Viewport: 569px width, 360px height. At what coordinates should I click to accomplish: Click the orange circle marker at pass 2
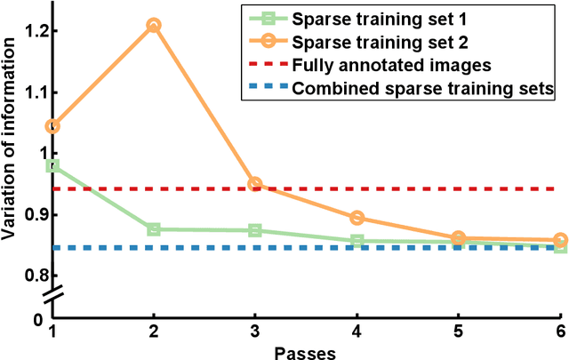[154, 26]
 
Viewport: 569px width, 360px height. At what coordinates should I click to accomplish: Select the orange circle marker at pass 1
[52, 127]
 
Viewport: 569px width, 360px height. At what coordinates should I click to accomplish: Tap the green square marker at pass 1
[52, 165]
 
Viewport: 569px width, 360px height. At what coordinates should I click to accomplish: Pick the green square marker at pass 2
[154, 229]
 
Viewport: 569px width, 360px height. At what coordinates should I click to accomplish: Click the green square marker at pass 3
[255, 230]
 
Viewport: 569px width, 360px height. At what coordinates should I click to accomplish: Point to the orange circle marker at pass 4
[357, 218]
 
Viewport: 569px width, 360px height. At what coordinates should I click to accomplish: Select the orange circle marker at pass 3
[255, 184]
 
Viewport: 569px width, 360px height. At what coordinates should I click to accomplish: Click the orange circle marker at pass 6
[560, 240]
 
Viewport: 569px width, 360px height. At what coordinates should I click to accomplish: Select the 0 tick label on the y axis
[39, 318]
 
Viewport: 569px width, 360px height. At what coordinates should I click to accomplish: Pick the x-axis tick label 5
[459, 332]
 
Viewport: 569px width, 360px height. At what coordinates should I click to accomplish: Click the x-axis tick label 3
[255, 332]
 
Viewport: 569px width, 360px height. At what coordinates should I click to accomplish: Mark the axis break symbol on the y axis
[52, 293]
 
